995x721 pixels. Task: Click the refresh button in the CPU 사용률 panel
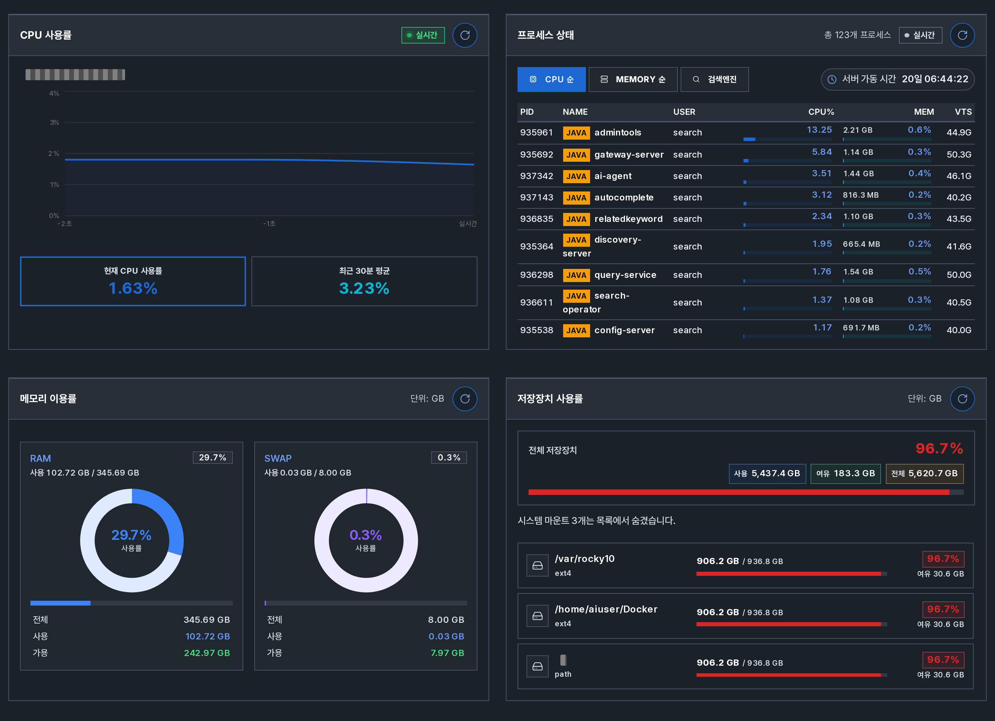pyautogui.click(x=465, y=35)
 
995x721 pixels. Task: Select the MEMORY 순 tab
pyautogui.click(x=633, y=79)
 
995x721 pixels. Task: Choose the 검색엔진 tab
pyautogui.click(x=714, y=79)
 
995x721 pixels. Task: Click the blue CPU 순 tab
pyautogui.click(x=551, y=79)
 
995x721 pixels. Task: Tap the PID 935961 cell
pyautogui.click(x=536, y=132)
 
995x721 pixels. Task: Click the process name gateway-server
pyautogui.click(x=629, y=154)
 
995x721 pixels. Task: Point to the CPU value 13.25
pyautogui.click(x=819, y=130)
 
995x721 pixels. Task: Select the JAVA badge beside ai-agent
pyautogui.click(x=576, y=176)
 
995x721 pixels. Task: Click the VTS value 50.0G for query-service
pyautogui.click(x=959, y=275)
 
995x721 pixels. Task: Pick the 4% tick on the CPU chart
pyautogui.click(x=54, y=93)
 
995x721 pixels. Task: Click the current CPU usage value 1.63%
pyautogui.click(x=133, y=288)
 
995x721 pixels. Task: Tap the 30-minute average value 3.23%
pyautogui.click(x=364, y=288)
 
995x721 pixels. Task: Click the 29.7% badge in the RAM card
pyautogui.click(x=212, y=457)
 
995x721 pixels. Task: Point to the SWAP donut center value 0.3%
pyautogui.click(x=366, y=535)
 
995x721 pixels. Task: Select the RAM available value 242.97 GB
pyautogui.click(x=207, y=653)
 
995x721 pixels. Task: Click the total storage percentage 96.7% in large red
pyautogui.click(x=939, y=449)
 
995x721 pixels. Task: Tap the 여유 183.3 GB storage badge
pyautogui.click(x=845, y=474)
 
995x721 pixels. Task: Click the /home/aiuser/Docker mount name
pyautogui.click(x=606, y=609)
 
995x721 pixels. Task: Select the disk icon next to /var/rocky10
pyautogui.click(x=538, y=566)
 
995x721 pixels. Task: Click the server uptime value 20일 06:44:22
pyautogui.click(x=935, y=79)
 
